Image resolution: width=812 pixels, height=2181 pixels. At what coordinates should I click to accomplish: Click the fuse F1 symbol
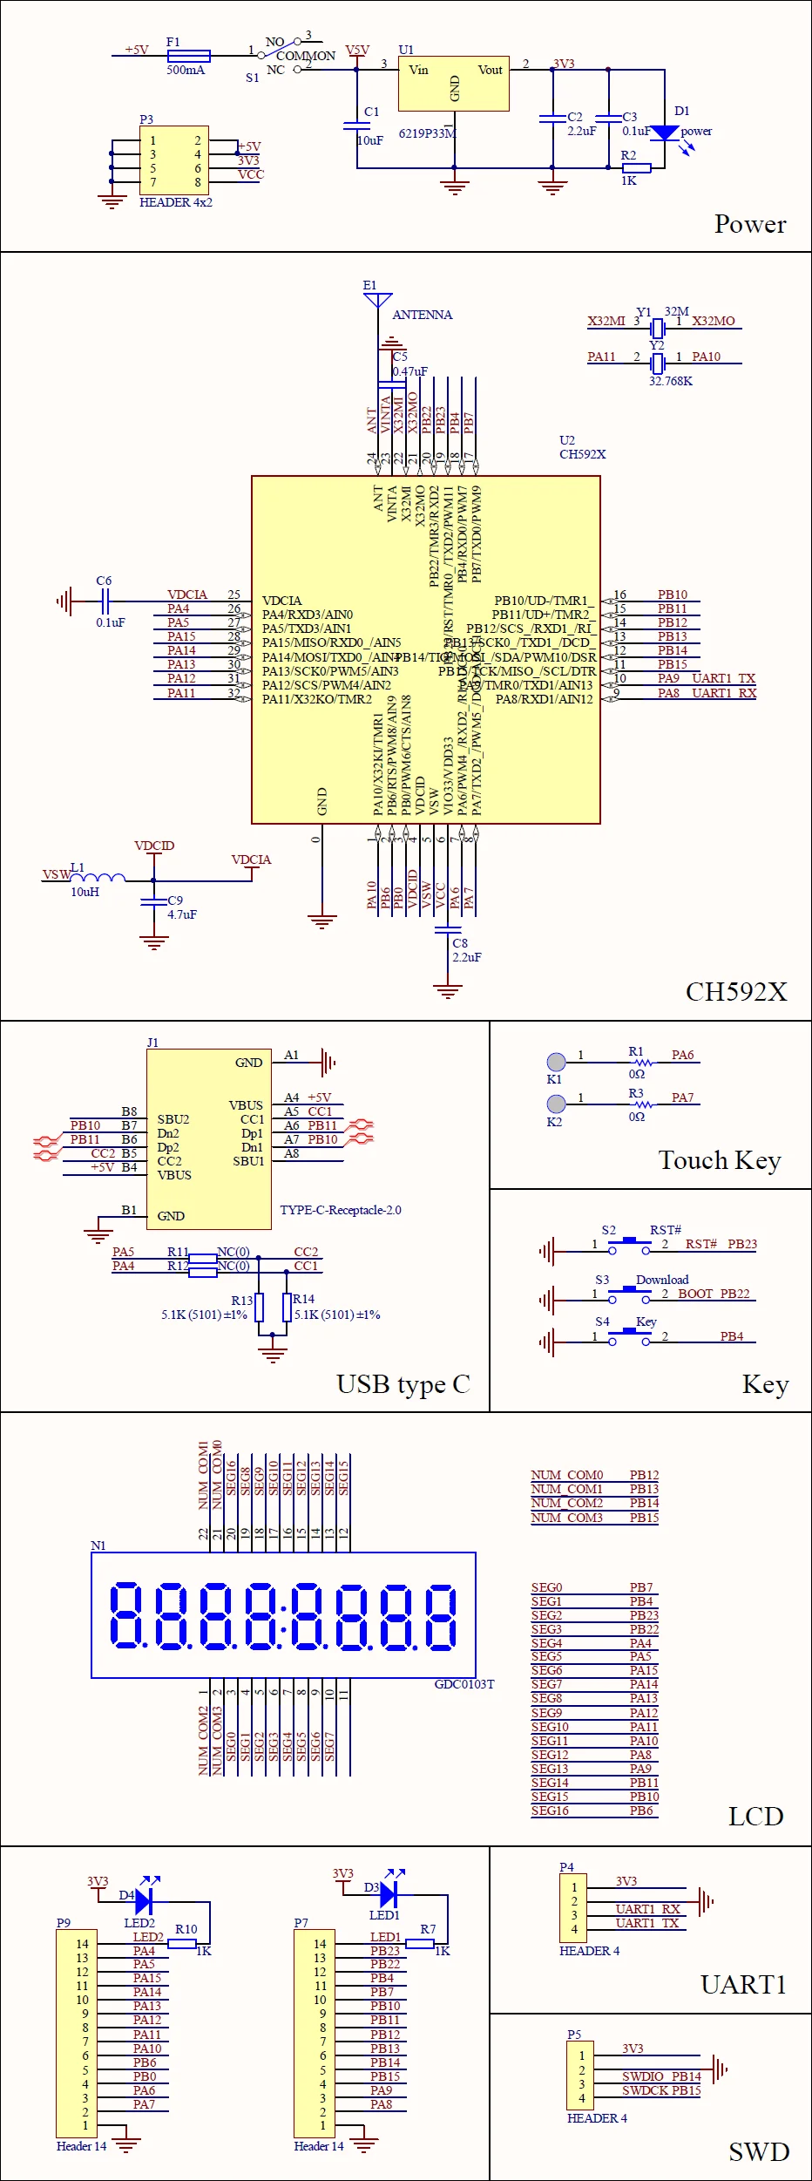click(x=188, y=55)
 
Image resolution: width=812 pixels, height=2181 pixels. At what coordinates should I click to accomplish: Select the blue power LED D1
click(x=665, y=132)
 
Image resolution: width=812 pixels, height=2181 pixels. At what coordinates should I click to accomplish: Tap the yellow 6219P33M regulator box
click(x=453, y=85)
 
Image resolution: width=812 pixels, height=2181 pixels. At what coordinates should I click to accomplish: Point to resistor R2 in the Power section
click(x=636, y=167)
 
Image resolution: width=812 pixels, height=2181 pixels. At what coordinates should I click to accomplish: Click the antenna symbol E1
click(x=378, y=301)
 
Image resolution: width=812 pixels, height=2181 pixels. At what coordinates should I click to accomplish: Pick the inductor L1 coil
click(x=98, y=878)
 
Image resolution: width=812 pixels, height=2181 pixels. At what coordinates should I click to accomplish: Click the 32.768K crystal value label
click(x=671, y=381)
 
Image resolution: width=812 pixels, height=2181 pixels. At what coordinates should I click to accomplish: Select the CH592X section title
click(x=736, y=991)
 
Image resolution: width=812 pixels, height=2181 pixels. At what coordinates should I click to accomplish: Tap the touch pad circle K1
click(x=556, y=1062)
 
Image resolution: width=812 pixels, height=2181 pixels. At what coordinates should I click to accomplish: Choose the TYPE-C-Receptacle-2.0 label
click(x=341, y=1210)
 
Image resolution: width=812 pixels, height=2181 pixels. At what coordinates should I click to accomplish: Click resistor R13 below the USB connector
click(x=259, y=1308)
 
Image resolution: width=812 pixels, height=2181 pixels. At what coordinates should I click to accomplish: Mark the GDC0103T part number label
click(x=464, y=1684)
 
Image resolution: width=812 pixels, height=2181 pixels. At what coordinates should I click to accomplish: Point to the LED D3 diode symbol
click(x=389, y=1894)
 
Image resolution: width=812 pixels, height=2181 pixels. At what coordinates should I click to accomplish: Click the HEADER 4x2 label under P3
click(x=176, y=202)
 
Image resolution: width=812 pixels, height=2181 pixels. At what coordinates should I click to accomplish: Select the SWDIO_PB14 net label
click(x=661, y=2076)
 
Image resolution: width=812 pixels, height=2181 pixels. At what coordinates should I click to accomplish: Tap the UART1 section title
click(x=743, y=1985)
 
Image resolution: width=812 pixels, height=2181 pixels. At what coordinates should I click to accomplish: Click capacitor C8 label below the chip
click(x=460, y=943)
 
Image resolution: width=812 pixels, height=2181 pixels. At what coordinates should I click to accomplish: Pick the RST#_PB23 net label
click(x=721, y=1244)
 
